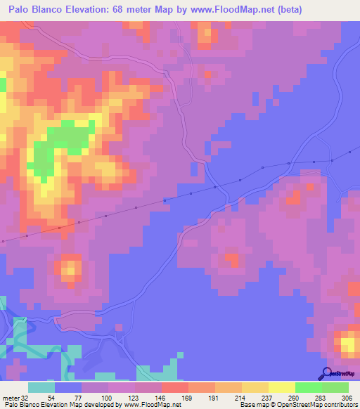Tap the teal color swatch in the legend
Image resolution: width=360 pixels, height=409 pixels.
(41, 387)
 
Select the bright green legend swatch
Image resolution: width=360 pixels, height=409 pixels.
(308, 387)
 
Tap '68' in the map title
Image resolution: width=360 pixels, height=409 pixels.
(124, 9)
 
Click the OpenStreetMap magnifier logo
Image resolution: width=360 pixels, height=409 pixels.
(328, 372)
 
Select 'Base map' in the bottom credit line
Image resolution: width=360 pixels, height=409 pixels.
(252, 404)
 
